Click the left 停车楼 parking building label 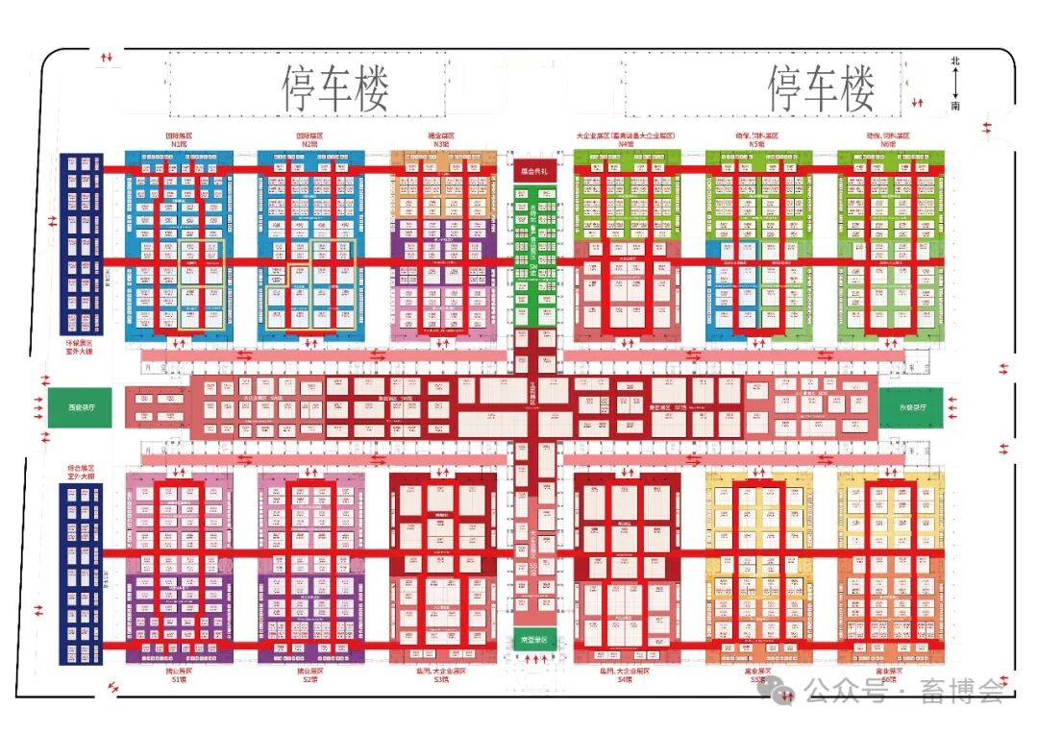click(335, 89)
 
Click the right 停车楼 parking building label click(821, 89)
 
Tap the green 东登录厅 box click(912, 407)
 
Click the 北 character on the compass click(954, 61)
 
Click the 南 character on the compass click(954, 109)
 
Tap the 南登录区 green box click(533, 639)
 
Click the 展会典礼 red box click(533, 171)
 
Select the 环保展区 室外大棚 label click(80, 347)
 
